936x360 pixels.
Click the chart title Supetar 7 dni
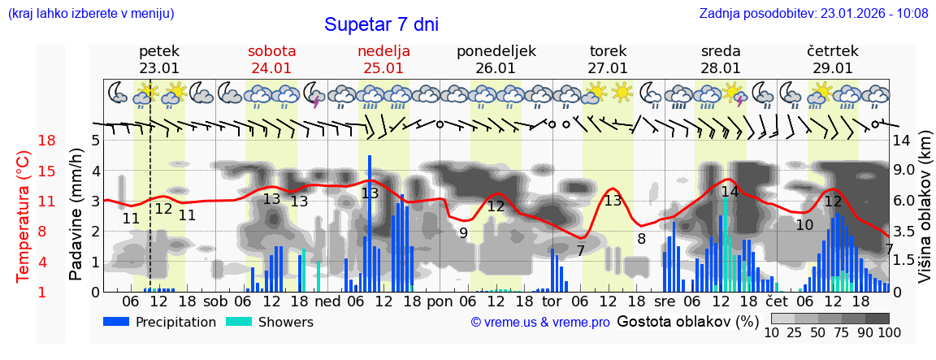[x=381, y=24]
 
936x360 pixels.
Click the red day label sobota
[x=271, y=51]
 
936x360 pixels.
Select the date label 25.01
[x=383, y=68]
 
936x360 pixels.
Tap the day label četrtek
[x=832, y=51]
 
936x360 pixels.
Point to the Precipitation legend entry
[x=159, y=322]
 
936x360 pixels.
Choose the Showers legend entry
[x=268, y=322]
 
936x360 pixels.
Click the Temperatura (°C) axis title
[x=23, y=216]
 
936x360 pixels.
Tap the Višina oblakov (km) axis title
[x=925, y=216]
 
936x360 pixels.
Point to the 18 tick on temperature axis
[x=47, y=141]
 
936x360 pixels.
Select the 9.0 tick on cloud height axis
[x=903, y=171]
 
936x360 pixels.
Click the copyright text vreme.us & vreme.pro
[x=540, y=322]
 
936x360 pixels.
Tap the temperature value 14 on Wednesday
[x=730, y=192]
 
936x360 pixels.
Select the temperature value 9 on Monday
[x=463, y=233]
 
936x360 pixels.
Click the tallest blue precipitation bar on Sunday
[x=370, y=223]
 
